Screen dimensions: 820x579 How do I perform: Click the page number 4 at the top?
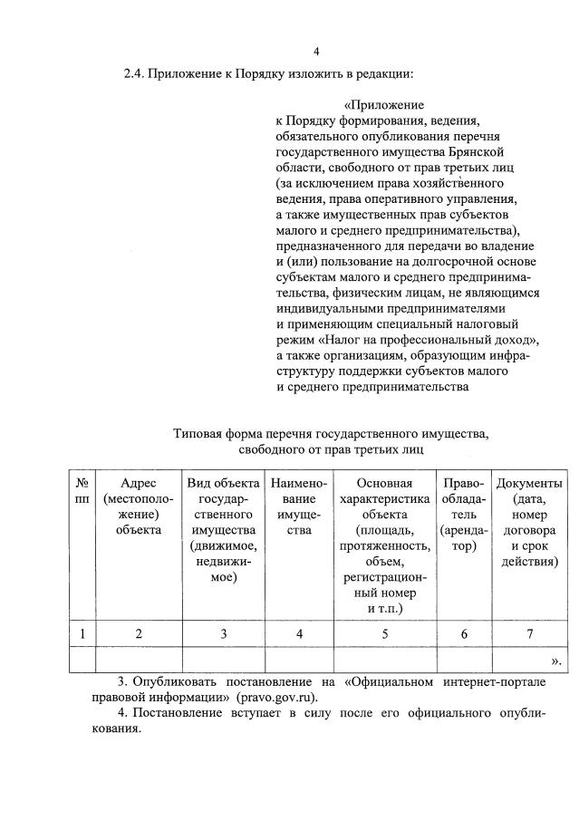tap(316, 51)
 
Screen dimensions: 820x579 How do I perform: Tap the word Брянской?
tap(497, 150)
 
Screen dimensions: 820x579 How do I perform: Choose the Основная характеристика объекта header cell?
tap(384, 545)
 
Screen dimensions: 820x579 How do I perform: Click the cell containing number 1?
tap(82, 633)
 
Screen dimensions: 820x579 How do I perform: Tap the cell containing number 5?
tap(384, 633)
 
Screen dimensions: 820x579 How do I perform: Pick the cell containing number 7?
tap(529, 633)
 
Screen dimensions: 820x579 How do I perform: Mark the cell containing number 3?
tap(223, 633)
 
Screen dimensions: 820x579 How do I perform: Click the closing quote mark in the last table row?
tap(555, 661)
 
